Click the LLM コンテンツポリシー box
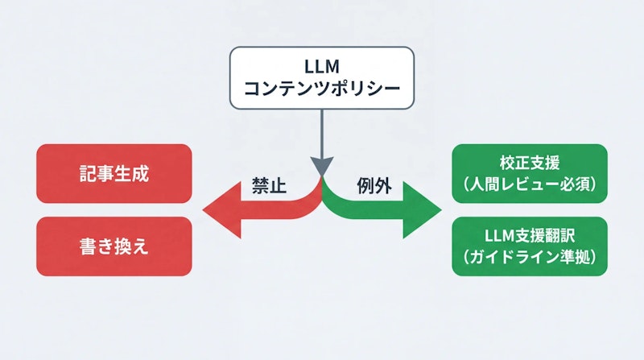(x=322, y=77)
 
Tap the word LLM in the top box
(x=322, y=64)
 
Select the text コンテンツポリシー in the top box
(x=322, y=89)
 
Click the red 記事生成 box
(x=114, y=173)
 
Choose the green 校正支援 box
(x=529, y=173)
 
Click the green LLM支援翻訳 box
(x=529, y=246)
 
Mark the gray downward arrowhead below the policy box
(x=322, y=167)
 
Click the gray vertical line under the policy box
(x=322, y=133)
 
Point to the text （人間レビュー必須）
(x=529, y=184)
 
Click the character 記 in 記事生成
(x=88, y=173)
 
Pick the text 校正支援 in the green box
(x=529, y=162)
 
